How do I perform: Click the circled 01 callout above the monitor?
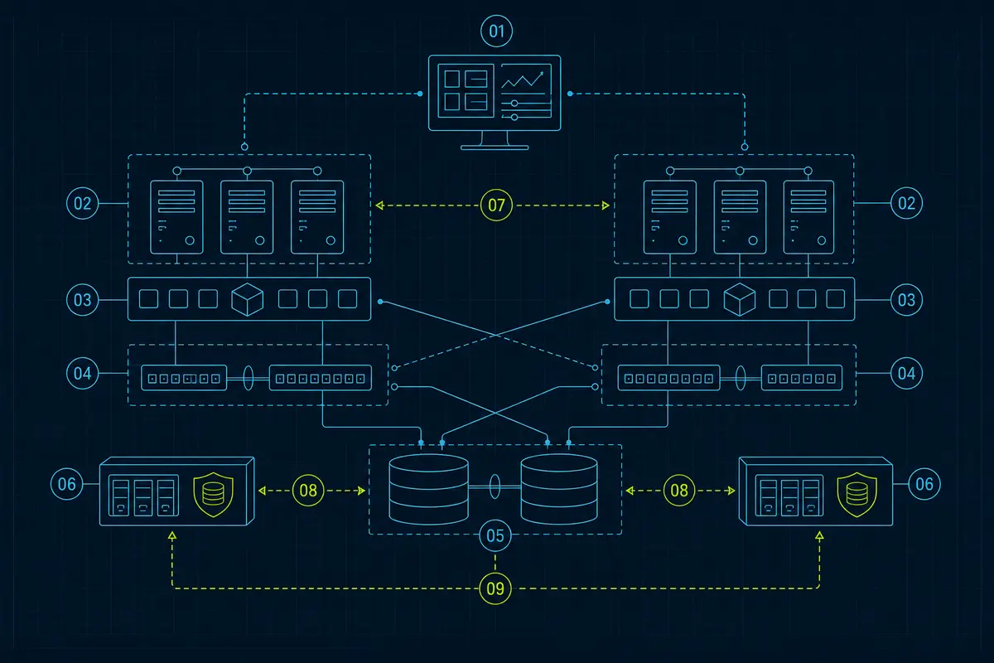[496, 31]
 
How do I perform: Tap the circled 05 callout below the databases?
[495, 535]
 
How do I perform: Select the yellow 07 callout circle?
[496, 206]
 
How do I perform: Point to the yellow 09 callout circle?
[495, 588]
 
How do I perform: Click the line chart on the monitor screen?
[523, 80]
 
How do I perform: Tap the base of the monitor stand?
[495, 148]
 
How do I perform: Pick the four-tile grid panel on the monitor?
[466, 90]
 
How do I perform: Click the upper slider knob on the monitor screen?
[514, 104]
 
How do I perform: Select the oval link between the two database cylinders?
[495, 486]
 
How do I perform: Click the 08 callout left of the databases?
[308, 491]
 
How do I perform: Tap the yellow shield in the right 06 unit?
[856, 494]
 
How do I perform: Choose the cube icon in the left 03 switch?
[248, 299]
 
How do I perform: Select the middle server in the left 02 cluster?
[247, 217]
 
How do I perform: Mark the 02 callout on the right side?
[906, 203]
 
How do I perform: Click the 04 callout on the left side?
[83, 374]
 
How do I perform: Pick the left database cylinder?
[429, 489]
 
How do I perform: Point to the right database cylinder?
[559, 489]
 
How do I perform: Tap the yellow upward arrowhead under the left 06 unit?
[172, 536]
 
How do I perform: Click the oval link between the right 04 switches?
[741, 378]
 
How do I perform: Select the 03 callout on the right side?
[906, 300]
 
